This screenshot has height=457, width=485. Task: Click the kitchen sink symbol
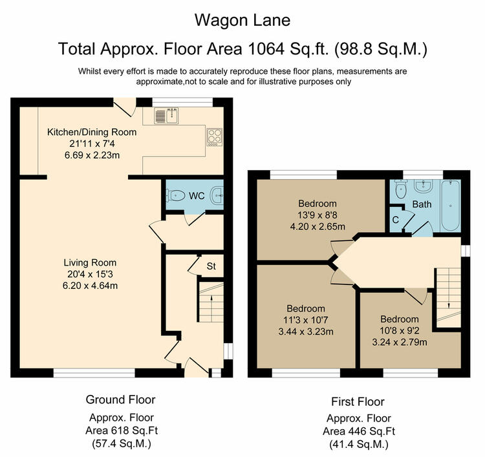(166, 116)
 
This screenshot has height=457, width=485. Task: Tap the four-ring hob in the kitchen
(214, 137)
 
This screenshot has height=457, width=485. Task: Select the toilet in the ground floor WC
(175, 195)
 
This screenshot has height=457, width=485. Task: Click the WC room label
(197, 196)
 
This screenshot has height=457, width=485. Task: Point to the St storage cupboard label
(211, 266)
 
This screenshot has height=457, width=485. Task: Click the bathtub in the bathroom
(451, 206)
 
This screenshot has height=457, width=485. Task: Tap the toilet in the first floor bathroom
(401, 190)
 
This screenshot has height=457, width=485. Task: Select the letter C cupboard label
(395, 220)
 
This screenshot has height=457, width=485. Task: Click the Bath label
(422, 204)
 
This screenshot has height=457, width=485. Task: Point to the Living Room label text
(90, 263)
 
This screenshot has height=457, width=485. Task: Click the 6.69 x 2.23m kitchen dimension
(92, 155)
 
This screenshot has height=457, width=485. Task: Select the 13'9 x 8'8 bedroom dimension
(318, 215)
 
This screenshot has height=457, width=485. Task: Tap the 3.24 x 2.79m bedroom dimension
(400, 343)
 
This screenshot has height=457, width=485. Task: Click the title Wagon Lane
(242, 21)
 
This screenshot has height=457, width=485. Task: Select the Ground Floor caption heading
(120, 399)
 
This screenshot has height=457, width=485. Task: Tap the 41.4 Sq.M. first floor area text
(358, 445)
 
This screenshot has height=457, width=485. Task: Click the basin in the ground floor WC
(217, 195)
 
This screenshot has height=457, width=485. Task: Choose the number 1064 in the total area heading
(266, 49)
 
